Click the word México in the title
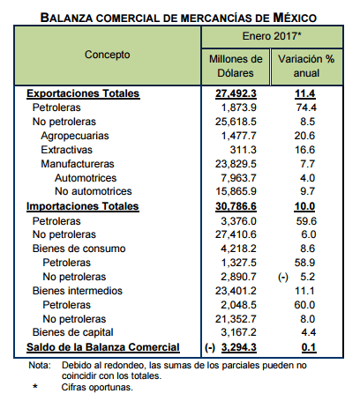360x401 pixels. [x=295, y=18]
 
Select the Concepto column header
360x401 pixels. [x=108, y=55]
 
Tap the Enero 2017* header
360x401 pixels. [x=272, y=36]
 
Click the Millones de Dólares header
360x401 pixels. [x=236, y=66]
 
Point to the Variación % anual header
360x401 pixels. [x=306, y=66]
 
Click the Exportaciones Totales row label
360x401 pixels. [x=83, y=93]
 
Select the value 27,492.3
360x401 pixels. [x=236, y=93]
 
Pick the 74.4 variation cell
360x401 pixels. [x=306, y=108]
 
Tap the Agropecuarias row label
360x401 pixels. [x=75, y=136]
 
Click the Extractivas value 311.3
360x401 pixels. [x=243, y=150]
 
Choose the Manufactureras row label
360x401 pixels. [x=78, y=164]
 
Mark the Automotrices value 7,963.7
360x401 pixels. [x=238, y=178]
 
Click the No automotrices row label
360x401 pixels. [x=94, y=191]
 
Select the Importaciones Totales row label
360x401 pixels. [x=82, y=206]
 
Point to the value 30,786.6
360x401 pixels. [x=236, y=206]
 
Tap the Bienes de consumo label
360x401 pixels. [x=79, y=249]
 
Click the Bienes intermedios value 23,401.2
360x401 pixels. [x=236, y=291]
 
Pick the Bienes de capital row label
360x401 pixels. [x=72, y=332]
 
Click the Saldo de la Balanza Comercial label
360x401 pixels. [x=103, y=347]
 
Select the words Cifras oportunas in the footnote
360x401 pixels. [x=97, y=387]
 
